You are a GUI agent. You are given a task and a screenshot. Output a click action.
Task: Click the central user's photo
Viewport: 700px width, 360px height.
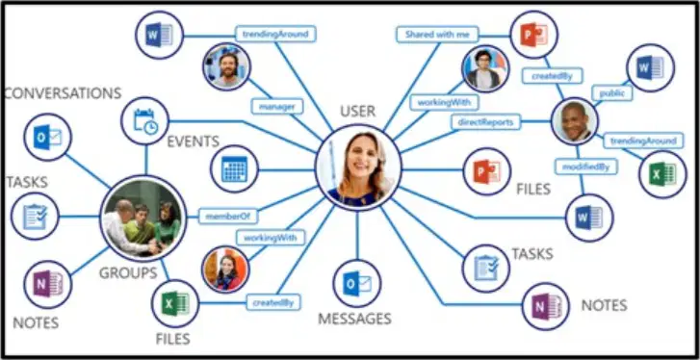(x=358, y=168)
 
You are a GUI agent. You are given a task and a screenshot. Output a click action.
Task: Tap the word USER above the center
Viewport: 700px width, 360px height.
(x=357, y=111)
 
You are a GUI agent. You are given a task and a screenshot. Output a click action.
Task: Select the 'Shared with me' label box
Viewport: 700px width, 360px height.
(x=437, y=35)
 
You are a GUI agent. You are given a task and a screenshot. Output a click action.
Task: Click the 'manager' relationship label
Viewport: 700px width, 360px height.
(x=277, y=107)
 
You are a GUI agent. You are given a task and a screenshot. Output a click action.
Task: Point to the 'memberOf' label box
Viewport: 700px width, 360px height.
(x=228, y=216)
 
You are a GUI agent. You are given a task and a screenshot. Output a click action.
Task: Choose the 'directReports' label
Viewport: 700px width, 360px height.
(x=485, y=122)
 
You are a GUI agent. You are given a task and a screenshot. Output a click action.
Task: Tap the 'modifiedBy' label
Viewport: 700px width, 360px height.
(x=586, y=167)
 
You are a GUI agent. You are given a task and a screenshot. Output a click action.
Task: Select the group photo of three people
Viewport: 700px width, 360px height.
(x=143, y=218)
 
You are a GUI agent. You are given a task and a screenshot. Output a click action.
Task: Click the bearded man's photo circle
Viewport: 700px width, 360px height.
(x=227, y=66)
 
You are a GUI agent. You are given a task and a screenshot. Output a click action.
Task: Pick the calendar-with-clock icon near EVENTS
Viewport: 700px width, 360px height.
(x=145, y=121)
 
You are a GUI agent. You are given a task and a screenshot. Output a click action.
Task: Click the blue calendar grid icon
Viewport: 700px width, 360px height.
(x=234, y=169)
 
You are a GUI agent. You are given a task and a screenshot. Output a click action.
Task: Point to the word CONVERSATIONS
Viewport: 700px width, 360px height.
(x=63, y=93)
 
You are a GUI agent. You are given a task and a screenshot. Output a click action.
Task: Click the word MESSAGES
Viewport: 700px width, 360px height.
(x=354, y=319)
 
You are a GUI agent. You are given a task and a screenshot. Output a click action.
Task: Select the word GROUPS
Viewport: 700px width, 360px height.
(x=128, y=272)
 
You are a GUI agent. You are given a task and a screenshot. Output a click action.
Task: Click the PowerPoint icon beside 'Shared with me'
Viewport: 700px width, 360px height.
(x=534, y=35)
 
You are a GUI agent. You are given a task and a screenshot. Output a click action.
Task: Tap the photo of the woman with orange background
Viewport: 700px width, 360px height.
(x=225, y=269)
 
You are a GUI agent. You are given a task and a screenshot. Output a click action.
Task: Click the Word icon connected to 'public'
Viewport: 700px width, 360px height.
(x=651, y=67)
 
